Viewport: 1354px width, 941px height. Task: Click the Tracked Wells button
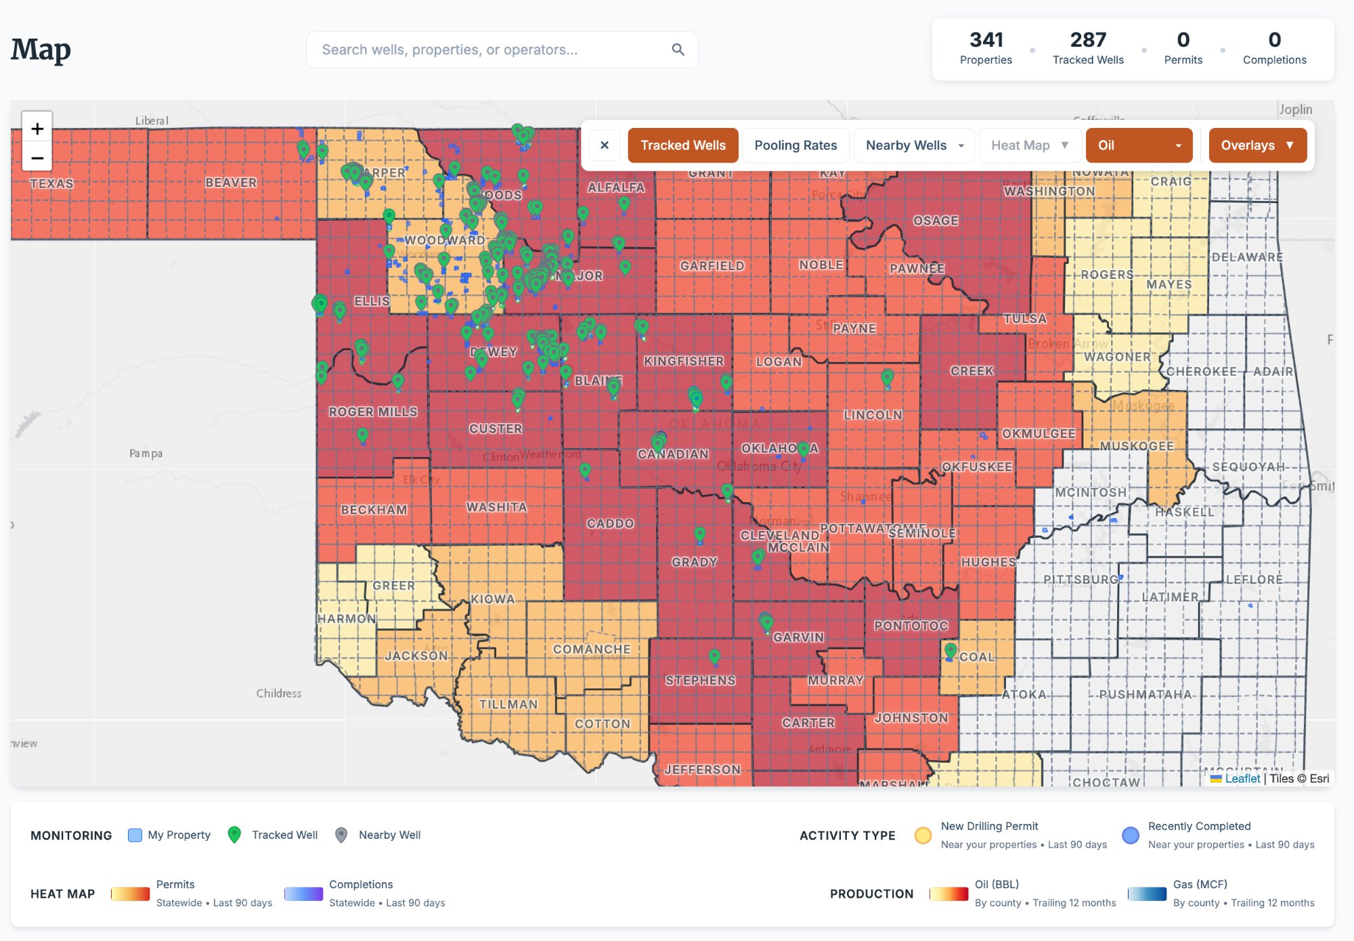coord(682,146)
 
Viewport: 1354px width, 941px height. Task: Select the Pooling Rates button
coord(795,146)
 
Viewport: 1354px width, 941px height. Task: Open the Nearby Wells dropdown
coord(914,146)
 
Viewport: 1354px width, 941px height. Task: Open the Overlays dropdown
coord(1257,146)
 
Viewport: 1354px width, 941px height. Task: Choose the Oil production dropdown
coord(1139,146)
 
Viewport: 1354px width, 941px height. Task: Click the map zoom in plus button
coord(37,129)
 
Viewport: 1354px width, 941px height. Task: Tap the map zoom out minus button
coord(37,158)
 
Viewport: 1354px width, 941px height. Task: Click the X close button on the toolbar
coord(605,146)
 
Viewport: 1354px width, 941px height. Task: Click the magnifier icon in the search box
coord(678,49)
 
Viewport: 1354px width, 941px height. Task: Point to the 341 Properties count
coord(986,41)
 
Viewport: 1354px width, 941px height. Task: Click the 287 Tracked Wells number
coord(1088,41)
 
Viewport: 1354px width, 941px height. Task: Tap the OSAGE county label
coord(936,221)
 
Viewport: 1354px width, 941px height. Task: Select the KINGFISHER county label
coord(684,362)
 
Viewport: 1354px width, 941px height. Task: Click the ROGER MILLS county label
coord(373,412)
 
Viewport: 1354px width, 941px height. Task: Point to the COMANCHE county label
coord(592,649)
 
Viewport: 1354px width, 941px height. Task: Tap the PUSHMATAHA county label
coord(1145,695)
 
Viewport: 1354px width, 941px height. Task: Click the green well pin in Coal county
coord(951,651)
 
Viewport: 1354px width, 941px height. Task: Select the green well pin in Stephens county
coord(714,656)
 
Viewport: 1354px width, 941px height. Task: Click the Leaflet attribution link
coord(1242,779)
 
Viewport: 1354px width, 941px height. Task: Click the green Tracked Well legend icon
coord(234,835)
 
